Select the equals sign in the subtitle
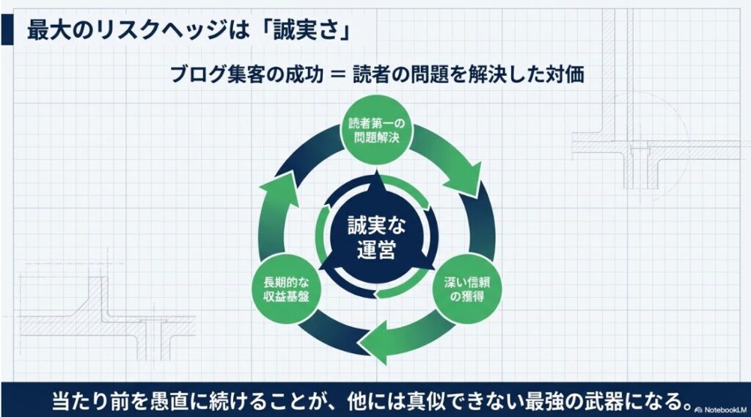click(337, 75)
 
